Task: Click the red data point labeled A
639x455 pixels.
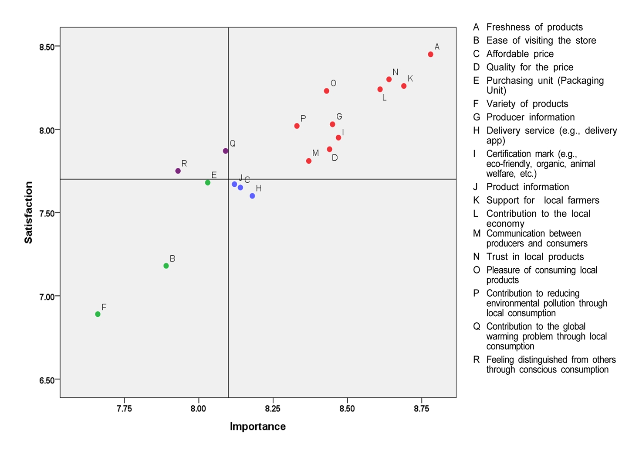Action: click(430, 55)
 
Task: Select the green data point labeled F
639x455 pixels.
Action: click(98, 314)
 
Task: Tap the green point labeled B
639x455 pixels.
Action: click(166, 266)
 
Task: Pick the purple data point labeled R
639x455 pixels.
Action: click(178, 171)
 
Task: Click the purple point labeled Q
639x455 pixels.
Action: click(225, 151)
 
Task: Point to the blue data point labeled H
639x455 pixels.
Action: click(252, 196)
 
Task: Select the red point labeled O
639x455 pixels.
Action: click(326, 91)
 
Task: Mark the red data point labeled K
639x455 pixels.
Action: click(404, 86)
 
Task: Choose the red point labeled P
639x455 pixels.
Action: click(297, 126)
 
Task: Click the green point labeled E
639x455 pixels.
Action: click(208, 182)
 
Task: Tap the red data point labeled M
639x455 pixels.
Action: click(309, 161)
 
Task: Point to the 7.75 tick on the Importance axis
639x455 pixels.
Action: click(124, 409)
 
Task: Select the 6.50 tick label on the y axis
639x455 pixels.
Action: click(47, 380)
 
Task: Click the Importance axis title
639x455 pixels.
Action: click(257, 427)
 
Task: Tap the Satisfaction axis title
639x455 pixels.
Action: click(29, 212)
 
